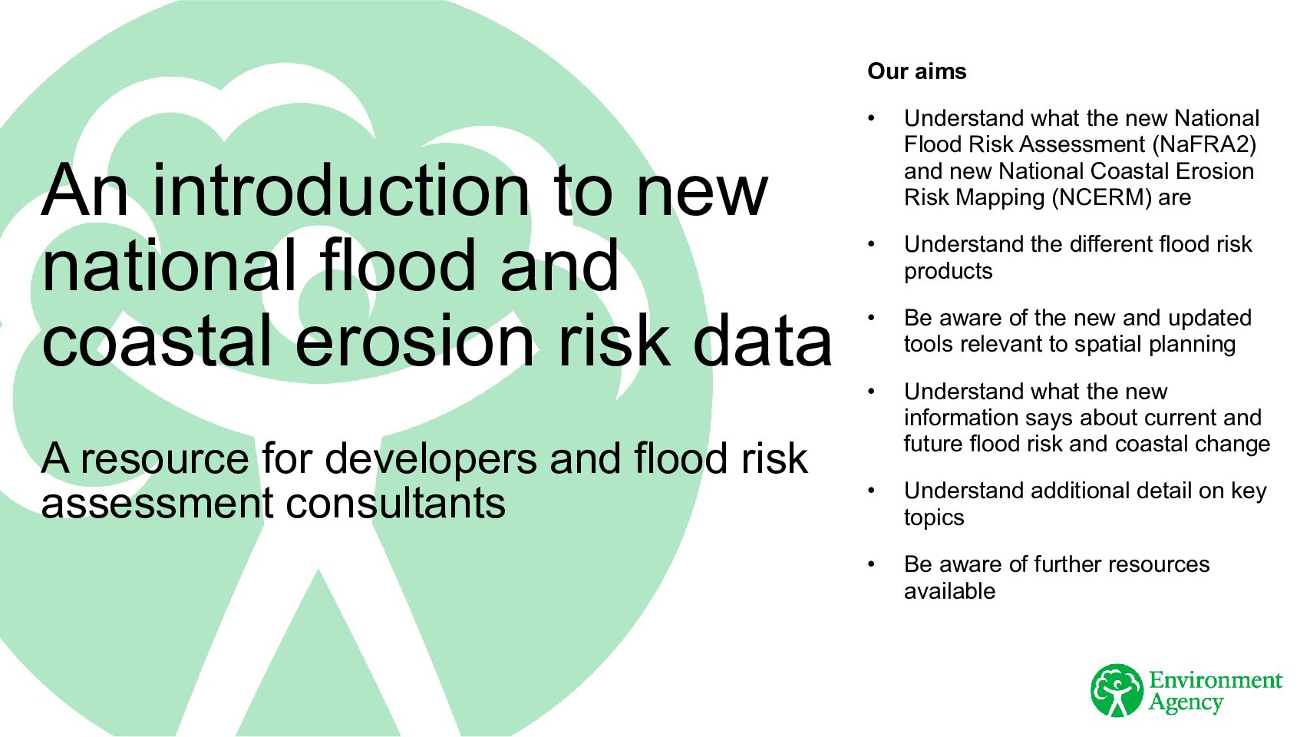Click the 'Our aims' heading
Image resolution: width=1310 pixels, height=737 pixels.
click(916, 71)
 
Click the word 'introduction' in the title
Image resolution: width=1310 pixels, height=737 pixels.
click(341, 190)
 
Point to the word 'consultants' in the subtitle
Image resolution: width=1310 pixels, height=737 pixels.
click(395, 504)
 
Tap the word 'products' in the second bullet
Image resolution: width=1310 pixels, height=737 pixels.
click(948, 272)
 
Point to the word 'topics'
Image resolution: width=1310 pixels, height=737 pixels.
click(933, 517)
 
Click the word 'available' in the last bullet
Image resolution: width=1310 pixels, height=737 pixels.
click(950, 591)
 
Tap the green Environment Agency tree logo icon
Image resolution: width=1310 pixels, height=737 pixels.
click(1117, 690)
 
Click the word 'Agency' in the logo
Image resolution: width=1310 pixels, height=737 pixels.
click(1186, 702)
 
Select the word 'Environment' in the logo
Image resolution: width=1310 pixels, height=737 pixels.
click(1216, 680)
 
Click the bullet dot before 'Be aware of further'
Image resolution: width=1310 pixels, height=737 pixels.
click(871, 564)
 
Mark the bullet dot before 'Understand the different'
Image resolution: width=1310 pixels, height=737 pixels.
click(871, 244)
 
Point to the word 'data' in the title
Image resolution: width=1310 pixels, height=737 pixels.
click(762, 340)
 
